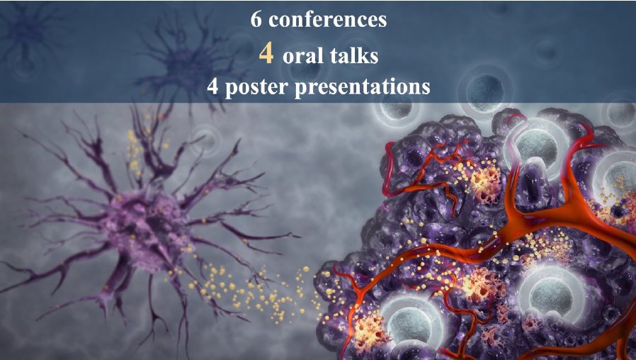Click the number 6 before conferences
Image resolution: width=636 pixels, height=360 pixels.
257,19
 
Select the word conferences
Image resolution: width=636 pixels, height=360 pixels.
326,19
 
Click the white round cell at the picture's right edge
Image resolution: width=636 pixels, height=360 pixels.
620,177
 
